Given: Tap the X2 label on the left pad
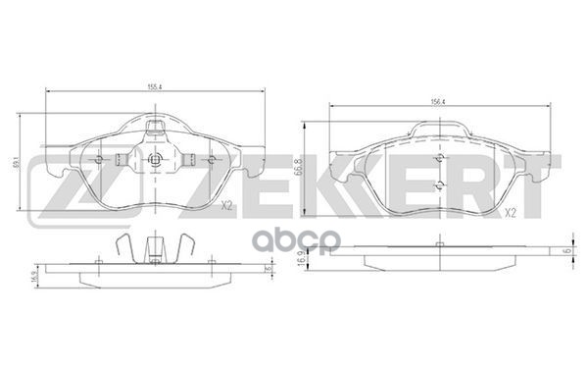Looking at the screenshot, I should click(x=226, y=206).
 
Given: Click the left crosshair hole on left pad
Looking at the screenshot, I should click(x=99, y=159).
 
